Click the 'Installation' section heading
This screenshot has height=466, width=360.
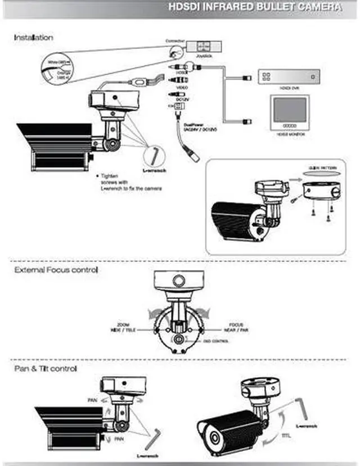[34, 38]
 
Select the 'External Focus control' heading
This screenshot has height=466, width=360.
[56, 270]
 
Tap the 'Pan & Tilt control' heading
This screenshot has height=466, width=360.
[46, 369]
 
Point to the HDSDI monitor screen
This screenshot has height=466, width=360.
[290, 109]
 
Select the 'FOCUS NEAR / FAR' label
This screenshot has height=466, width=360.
[236, 327]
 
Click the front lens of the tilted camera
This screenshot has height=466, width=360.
[213, 438]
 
